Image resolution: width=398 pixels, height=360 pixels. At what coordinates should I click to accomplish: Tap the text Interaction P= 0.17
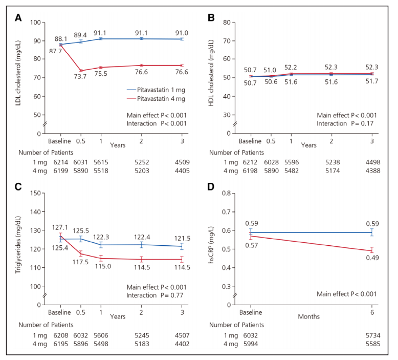346,124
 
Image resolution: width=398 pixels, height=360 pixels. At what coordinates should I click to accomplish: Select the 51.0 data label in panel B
270,70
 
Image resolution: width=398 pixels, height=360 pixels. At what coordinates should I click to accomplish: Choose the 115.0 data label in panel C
101,267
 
